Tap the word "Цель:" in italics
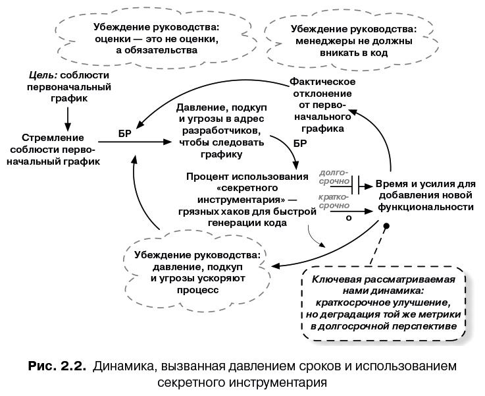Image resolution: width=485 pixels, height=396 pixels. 41,75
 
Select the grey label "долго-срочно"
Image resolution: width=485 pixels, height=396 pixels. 334,176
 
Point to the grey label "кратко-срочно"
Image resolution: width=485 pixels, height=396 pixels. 334,201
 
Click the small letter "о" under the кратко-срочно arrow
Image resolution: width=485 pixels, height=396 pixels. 349,216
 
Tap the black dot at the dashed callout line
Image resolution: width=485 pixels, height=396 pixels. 387,227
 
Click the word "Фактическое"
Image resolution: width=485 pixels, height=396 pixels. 322,82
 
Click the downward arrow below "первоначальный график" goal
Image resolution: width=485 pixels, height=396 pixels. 68,115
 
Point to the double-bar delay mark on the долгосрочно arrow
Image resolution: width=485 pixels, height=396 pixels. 355,184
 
